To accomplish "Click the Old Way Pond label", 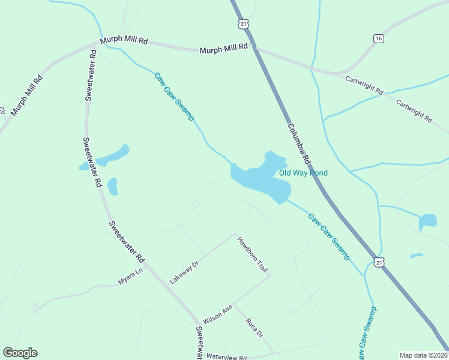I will click(x=303, y=173).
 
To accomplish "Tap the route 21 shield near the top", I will click(x=242, y=23).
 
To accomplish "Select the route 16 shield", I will click(x=378, y=38).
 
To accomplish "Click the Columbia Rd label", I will click(x=298, y=144).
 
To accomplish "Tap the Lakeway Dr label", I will click(x=184, y=272).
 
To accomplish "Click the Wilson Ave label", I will click(x=217, y=314).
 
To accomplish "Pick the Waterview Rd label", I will click(x=227, y=357).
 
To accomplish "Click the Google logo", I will click(x=20, y=353).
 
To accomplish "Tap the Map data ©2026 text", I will click(x=423, y=355).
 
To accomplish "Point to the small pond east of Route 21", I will click(x=427, y=221).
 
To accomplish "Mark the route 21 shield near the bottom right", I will click(x=378, y=262).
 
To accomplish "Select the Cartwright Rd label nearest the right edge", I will click(x=414, y=110).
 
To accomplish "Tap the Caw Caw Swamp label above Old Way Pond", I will click(x=174, y=97).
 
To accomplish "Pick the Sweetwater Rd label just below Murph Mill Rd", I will click(x=90, y=74).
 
